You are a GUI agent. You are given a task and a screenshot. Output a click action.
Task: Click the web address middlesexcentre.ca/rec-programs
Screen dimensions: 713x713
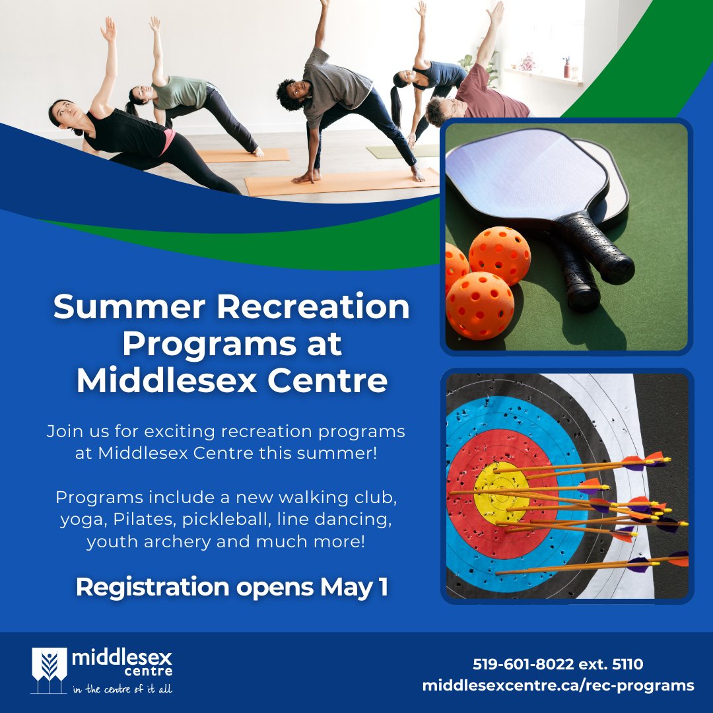click(x=558, y=685)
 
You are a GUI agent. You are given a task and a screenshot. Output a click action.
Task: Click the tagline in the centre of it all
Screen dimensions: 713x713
click(x=122, y=690)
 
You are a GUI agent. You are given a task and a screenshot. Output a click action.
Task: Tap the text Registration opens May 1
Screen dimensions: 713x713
click(x=232, y=587)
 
